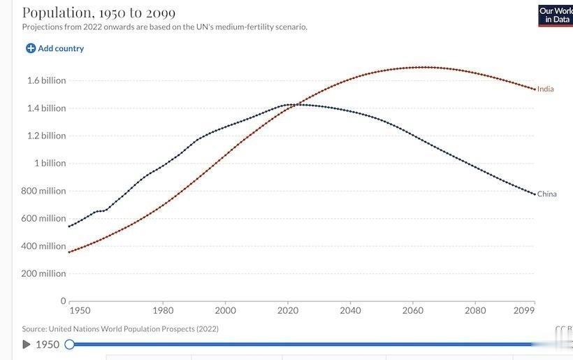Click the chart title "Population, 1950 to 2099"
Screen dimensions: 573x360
pos(99,13)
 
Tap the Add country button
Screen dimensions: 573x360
pos(55,48)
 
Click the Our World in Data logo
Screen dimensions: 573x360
pos(556,15)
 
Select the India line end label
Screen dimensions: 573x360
pos(545,89)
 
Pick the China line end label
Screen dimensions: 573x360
pos(546,194)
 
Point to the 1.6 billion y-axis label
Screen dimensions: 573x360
pos(46,80)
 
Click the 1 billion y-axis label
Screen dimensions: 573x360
pos(50,163)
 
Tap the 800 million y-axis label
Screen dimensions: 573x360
pos(43,191)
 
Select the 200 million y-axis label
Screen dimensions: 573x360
pos(43,273)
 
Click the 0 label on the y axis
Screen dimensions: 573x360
pos(63,301)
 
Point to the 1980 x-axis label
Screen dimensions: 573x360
pos(163,310)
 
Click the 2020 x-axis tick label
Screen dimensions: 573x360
pos(288,310)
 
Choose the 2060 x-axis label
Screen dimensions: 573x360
pos(413,310)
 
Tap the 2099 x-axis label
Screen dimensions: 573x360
pos(524,310)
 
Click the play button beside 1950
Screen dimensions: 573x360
pos(27,345)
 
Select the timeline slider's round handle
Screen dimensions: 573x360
pos(69,345)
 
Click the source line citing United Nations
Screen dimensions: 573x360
pos(120,329)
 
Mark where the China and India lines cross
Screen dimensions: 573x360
pos(297,105)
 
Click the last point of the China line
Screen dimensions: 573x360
pos(535,194)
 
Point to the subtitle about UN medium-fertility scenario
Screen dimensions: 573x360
pos(164,27)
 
